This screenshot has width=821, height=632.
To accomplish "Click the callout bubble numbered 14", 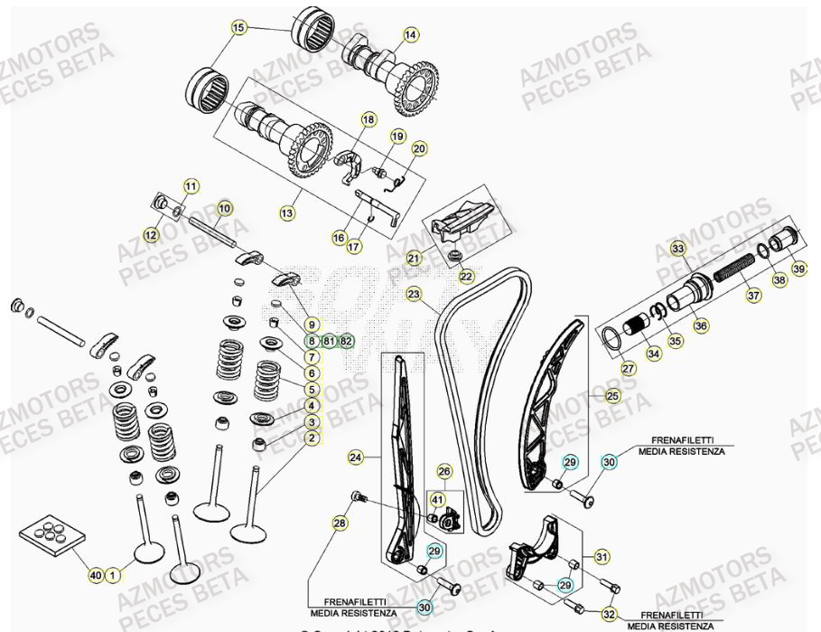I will click(411, 35).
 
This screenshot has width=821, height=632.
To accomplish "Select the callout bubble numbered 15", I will click(238, 28).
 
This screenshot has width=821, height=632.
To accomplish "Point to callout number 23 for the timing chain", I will click(414, 294).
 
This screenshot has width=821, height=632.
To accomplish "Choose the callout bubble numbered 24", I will click(356, 458).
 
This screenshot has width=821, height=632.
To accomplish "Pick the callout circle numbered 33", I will click(677, 248).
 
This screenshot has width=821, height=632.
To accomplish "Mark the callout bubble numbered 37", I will click(752, 294).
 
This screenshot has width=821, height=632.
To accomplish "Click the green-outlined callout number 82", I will click(347, 341).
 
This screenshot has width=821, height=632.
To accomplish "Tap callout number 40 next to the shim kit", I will click(96, 574).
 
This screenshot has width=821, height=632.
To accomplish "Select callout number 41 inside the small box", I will click(437, 498).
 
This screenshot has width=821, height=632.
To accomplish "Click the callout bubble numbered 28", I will click(340, 524).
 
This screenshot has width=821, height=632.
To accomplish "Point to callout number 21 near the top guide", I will click(413, 259).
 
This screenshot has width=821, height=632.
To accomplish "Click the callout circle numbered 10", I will click(224, 208).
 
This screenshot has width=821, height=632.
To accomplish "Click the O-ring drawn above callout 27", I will click(611, 340).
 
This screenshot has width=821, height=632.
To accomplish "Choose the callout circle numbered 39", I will click(798, 268).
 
